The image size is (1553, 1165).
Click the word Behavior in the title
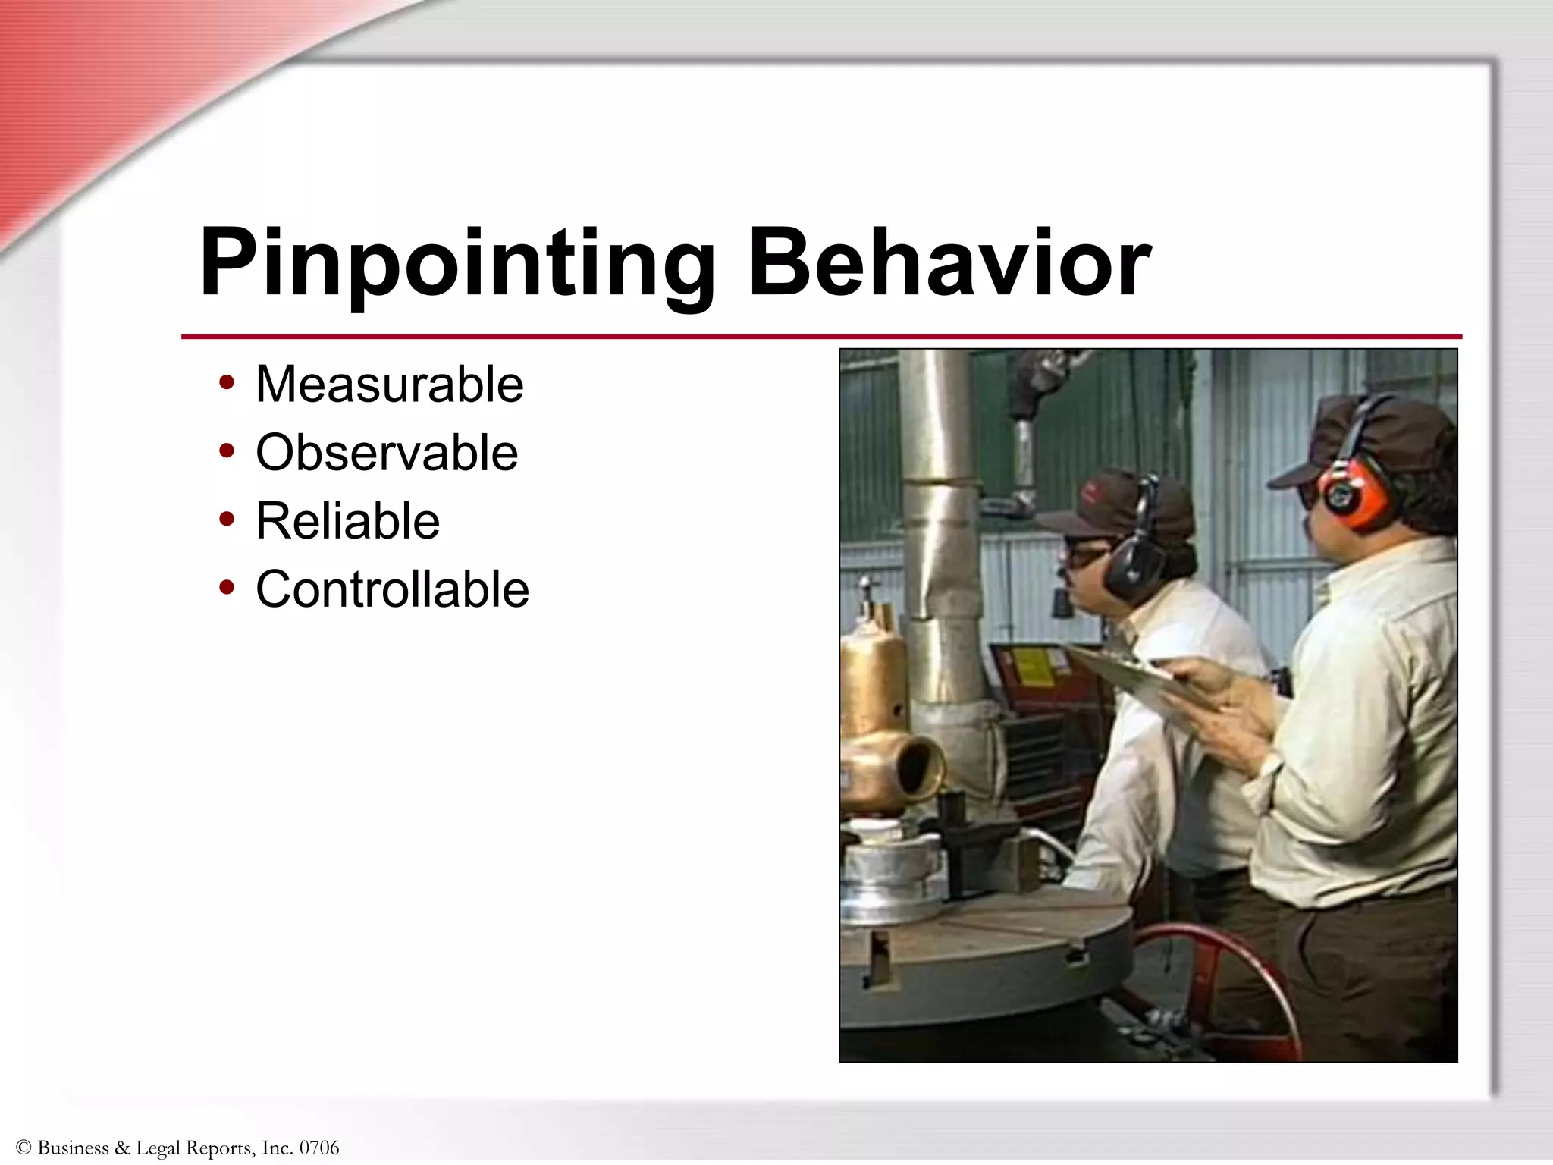[x=949, y=263]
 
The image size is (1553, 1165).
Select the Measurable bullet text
[x=389, y=385]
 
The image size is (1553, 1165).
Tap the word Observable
[x=387, y=453]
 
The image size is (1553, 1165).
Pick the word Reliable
[x=347, y=521]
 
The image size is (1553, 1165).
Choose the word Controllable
[x=392, y=589]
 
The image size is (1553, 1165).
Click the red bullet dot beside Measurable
[x=226, y=382]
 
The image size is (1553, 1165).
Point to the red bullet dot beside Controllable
[x=226, y=587]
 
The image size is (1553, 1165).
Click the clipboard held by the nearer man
[x=1130, y=675]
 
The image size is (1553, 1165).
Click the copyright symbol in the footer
[x=24, y=1148]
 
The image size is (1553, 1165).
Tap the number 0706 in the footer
[x=319, y=1148]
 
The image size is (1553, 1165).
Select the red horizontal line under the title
[x=820, y=336]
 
